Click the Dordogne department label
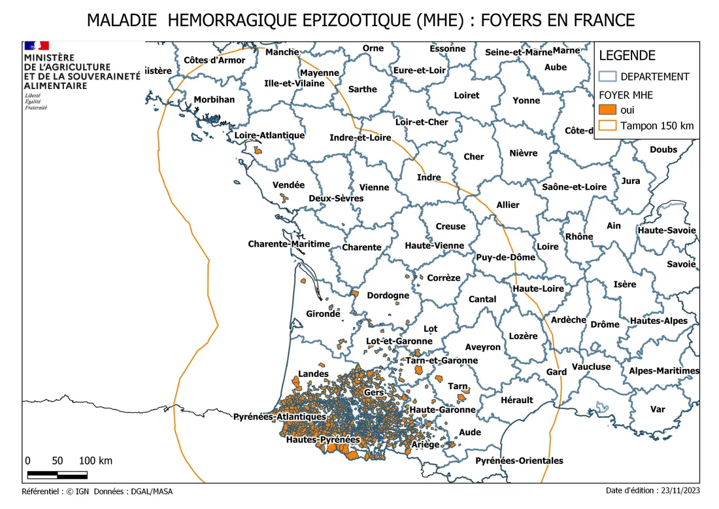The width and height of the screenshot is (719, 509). [388, 296]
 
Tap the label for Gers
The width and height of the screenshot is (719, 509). [374, 392]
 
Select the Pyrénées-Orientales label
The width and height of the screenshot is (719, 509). [519, 461]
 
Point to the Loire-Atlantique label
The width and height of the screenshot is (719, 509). [269, 135]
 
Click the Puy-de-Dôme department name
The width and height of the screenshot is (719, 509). [505, 257]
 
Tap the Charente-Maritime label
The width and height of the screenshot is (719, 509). [289, 244]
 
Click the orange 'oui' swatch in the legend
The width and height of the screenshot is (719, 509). [608, 110]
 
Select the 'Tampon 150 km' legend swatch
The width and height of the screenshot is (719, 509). [608, 126]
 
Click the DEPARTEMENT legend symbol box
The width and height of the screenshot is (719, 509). [608, 77]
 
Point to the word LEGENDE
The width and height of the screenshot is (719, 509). [627, 56]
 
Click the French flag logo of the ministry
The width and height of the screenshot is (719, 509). [37, 46]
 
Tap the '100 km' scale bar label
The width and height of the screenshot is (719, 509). [95, 461]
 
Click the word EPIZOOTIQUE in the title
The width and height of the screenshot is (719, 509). [353, 20]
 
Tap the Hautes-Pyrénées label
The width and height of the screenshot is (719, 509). [323, 440]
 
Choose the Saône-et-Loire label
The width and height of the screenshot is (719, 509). [574, 187]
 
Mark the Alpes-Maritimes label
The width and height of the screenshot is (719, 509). [663, 371]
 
